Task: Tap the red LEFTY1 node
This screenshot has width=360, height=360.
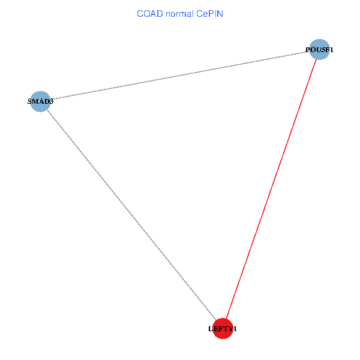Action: tap(223, 328)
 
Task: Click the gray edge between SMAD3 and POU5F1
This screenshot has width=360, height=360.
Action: tap(180, 76)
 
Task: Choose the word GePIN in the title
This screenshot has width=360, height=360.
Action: tap(210, 13)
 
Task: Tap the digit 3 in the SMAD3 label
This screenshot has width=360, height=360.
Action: tap(52, 101)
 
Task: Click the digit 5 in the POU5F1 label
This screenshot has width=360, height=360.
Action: tap(322, 50)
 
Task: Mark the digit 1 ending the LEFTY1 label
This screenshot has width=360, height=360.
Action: tap(235, 329)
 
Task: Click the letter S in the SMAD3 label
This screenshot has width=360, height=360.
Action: tap(29, 101)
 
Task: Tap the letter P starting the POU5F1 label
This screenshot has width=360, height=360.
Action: tap(308, 50)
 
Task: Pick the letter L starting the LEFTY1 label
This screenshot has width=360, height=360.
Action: tap(211, 329)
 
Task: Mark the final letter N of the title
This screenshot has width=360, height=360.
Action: tap(220, 13)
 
